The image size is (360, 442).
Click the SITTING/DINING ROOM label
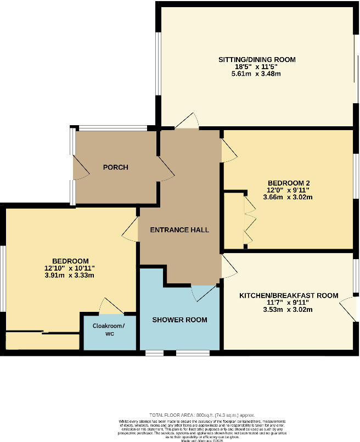(257, 59)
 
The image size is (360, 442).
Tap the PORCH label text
(115, 167)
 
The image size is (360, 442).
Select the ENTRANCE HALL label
(180, 230)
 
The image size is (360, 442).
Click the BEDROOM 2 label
(288, 183)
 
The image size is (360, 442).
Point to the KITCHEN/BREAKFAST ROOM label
(288, 295)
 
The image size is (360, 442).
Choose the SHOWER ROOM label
(179, 320)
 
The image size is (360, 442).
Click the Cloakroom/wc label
(108, 329)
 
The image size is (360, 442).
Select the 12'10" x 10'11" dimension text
(70, 268)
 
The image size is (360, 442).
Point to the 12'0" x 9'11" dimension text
(288, 191)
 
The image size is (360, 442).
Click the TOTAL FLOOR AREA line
(201, 415)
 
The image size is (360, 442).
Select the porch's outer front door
(81, 167)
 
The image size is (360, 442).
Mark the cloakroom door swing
(111, 306)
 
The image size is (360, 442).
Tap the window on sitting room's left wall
(157, 64)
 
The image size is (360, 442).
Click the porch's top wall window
(113, 128)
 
